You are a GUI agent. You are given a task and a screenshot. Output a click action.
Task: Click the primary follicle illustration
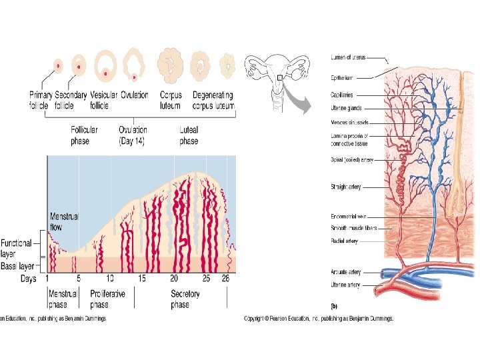[x=58, y=65]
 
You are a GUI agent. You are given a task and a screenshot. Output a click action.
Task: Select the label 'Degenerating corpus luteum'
[x=213, y=100]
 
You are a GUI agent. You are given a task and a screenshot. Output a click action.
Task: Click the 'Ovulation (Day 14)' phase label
[x=133, y=135]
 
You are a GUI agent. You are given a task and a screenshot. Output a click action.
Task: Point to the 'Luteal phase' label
[x=189, y=135]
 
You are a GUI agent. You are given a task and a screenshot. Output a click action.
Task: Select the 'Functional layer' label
[x=16, y=248]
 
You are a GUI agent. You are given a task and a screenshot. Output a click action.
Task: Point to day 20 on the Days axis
[x=174, y=278]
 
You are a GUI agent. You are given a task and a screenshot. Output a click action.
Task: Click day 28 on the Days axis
[x=225, y=278]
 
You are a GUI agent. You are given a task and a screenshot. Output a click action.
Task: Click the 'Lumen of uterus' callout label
[x=348, y=57]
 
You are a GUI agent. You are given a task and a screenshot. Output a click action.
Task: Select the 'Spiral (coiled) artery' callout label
[x=352, y=160]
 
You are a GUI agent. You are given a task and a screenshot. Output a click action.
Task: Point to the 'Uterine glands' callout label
[x=348, y=108]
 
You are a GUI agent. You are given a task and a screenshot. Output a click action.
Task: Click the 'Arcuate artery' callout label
[x=345, y=272]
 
